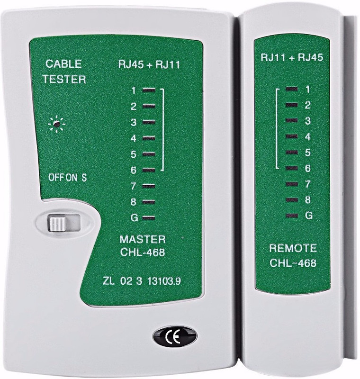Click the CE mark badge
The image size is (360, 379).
[175, 336]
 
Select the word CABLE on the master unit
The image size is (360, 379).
[63, 64]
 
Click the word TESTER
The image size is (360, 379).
[64, 79]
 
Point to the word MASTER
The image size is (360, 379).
[143, 239]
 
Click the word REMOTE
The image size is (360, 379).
[293, 248]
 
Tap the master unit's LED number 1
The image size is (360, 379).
[149, 90]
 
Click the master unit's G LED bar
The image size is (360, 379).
[148, 218]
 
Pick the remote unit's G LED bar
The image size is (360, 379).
[292, 216]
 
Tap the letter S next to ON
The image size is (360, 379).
[84, 178]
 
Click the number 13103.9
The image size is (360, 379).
[164, 281]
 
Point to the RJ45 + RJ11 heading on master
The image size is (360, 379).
[149, 64]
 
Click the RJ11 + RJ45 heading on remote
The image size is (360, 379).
[292, 57]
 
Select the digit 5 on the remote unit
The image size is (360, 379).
[307, 153]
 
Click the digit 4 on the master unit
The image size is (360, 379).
[134, 138]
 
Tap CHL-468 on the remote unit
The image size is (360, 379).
[293, 263]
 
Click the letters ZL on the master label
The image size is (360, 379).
[108, 281]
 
